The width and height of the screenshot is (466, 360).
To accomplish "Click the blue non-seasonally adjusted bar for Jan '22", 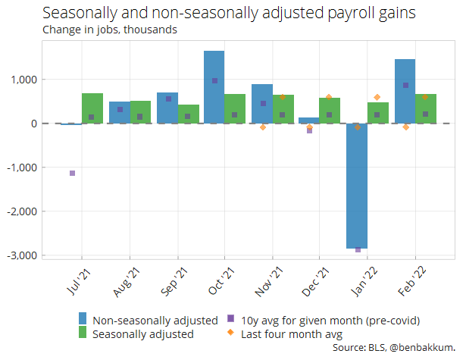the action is click(x=357, y=186).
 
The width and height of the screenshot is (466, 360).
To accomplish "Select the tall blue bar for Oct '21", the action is click(x=214, y=87).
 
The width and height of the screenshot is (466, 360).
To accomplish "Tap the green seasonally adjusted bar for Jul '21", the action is click(x=92, y=108).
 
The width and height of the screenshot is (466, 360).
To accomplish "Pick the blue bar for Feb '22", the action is click(x=405, y=91).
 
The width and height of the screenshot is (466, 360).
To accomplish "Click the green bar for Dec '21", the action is click(x=330, y=111).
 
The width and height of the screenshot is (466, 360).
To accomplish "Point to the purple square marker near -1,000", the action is click(x=72, y=173).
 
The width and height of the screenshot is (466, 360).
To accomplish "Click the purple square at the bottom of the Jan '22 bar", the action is click(x=358, y=249).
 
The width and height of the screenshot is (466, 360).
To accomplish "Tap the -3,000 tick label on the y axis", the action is click(x=22, y=255).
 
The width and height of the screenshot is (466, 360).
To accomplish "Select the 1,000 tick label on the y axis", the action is click(x=24, y=80).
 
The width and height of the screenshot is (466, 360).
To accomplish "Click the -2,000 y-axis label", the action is click(x=22, y=211).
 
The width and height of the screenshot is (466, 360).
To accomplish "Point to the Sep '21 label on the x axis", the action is click(x=174, y=281).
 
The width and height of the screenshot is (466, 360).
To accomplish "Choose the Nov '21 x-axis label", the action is click(x=268, y=281).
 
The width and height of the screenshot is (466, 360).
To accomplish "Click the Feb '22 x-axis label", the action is click(x=412, y=281).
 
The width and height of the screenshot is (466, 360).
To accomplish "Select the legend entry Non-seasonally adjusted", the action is click(x=155, y=321).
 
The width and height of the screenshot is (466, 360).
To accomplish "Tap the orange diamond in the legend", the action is click(x=230, y=332).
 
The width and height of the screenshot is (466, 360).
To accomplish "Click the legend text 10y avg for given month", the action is click(x=302, y=321).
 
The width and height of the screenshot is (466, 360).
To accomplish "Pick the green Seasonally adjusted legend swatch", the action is click(x=83, y=332).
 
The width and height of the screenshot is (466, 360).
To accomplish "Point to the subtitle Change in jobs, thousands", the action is click(x=110, y=30).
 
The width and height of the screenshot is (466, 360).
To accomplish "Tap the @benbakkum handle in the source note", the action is click(x=422, y=347).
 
